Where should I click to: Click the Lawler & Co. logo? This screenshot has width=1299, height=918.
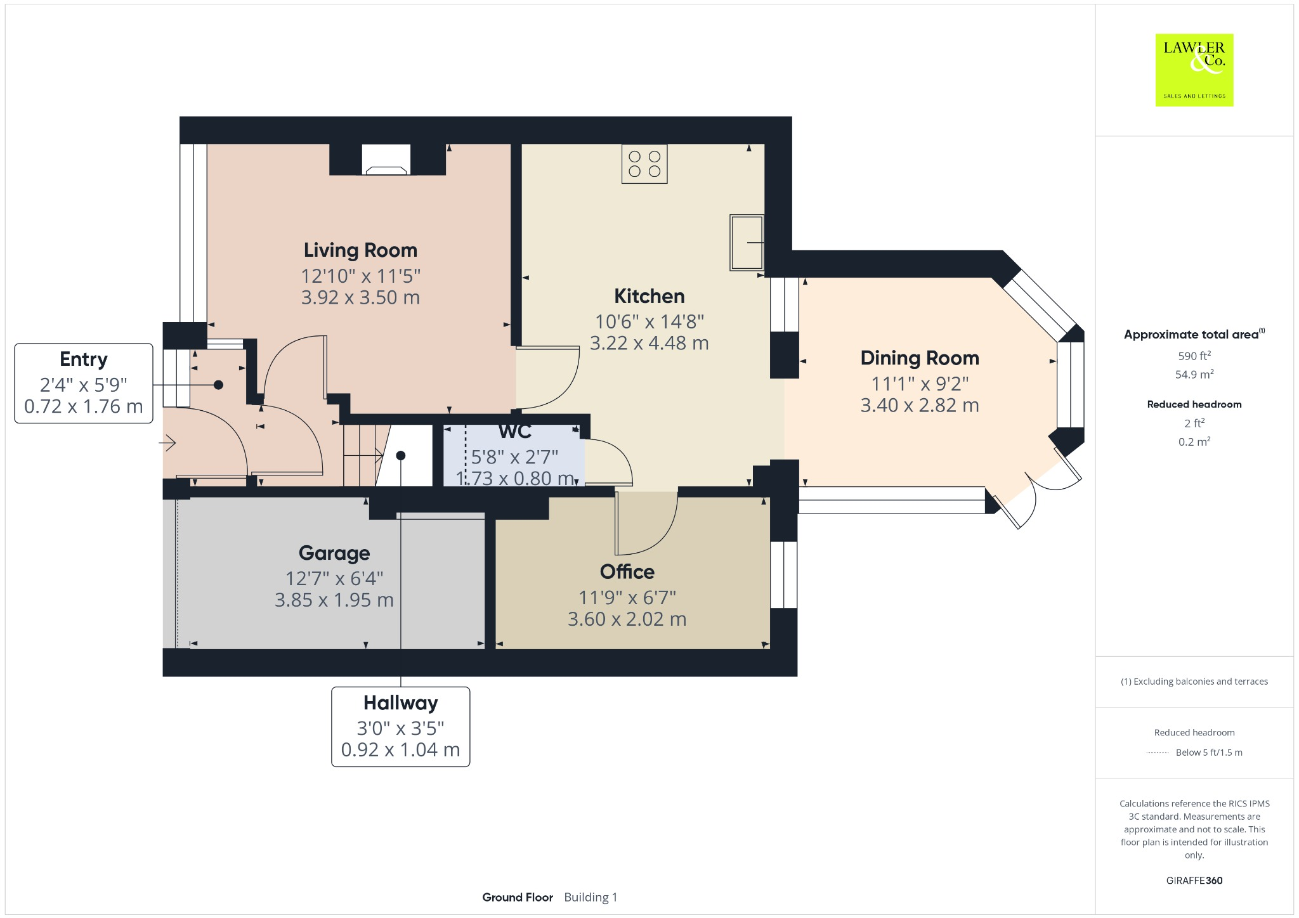click(1194, 70)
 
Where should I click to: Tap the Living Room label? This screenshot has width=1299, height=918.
click(360, 250)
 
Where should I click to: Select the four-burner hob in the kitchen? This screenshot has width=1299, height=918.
click(644, 164)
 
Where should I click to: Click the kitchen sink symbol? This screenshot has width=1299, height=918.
click(747, 242)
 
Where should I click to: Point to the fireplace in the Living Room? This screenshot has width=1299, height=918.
click(386, 160)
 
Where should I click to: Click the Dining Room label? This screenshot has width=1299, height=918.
click(919, 358)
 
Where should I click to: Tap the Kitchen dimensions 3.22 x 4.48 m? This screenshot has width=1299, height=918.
click(649, 343)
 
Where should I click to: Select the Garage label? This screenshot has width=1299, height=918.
click(334, 553)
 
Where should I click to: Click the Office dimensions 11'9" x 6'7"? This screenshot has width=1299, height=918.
click(627, 597)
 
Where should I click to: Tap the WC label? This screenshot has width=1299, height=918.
click(514, 432)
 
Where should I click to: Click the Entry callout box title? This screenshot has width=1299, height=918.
click(83, 359)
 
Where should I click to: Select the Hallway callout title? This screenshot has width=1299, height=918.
click(400, 703)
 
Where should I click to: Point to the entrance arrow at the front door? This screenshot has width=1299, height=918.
click(168, 443)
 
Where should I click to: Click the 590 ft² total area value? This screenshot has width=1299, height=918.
click(1194, 356)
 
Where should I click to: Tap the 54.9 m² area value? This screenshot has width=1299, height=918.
click(1194, 375)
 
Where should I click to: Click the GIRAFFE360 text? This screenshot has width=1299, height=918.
click(1194, 881)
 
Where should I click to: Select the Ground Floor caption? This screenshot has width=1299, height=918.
click(517, 897)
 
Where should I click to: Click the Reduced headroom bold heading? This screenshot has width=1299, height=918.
click(1194, 404)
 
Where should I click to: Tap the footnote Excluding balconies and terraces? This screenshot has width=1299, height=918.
click(1194, 682)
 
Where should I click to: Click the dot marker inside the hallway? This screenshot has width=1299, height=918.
click(401, 455)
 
